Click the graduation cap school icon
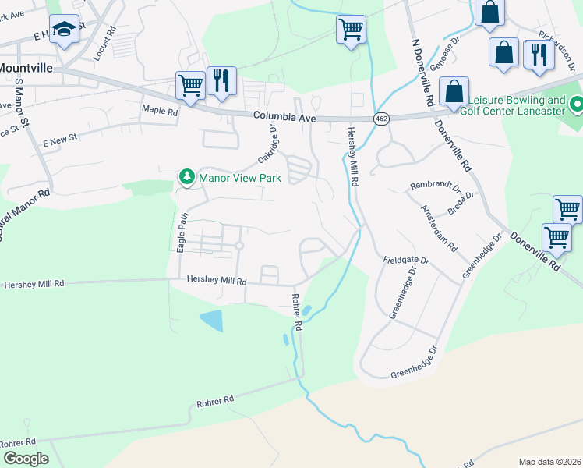click(x=64, y=30)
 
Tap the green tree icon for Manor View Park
click(x=186, y=177)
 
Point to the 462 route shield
click(x=381, y=119)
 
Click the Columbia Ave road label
click(x=284, y=117)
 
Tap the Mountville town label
click(x=26, y=68)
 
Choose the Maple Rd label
click(x=160, y=112)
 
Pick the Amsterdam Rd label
click(x=439, y=228)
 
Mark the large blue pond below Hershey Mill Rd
click(x=210, y=321)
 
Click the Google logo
click(x=26, y=459)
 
